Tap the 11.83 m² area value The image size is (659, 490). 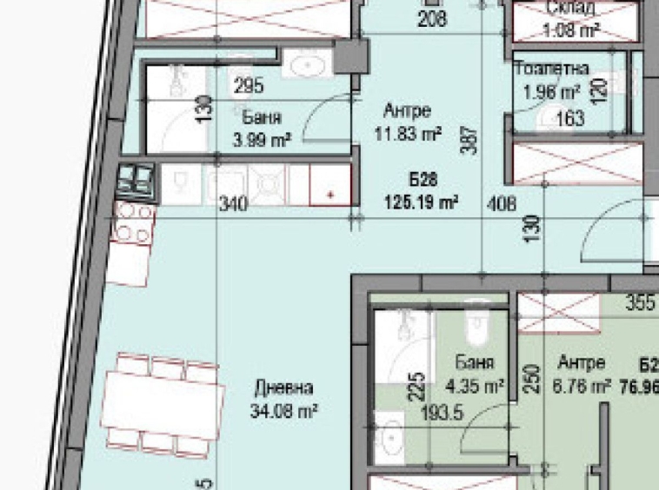408,134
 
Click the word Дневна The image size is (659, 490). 283,387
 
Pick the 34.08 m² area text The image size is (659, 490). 283,408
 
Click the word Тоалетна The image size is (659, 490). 551,68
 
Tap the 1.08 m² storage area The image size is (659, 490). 571,30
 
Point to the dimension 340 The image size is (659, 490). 235,205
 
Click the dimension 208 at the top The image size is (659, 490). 432,17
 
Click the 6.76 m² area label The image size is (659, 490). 582,387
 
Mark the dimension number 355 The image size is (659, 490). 640,304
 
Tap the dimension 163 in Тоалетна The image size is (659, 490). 569,118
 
